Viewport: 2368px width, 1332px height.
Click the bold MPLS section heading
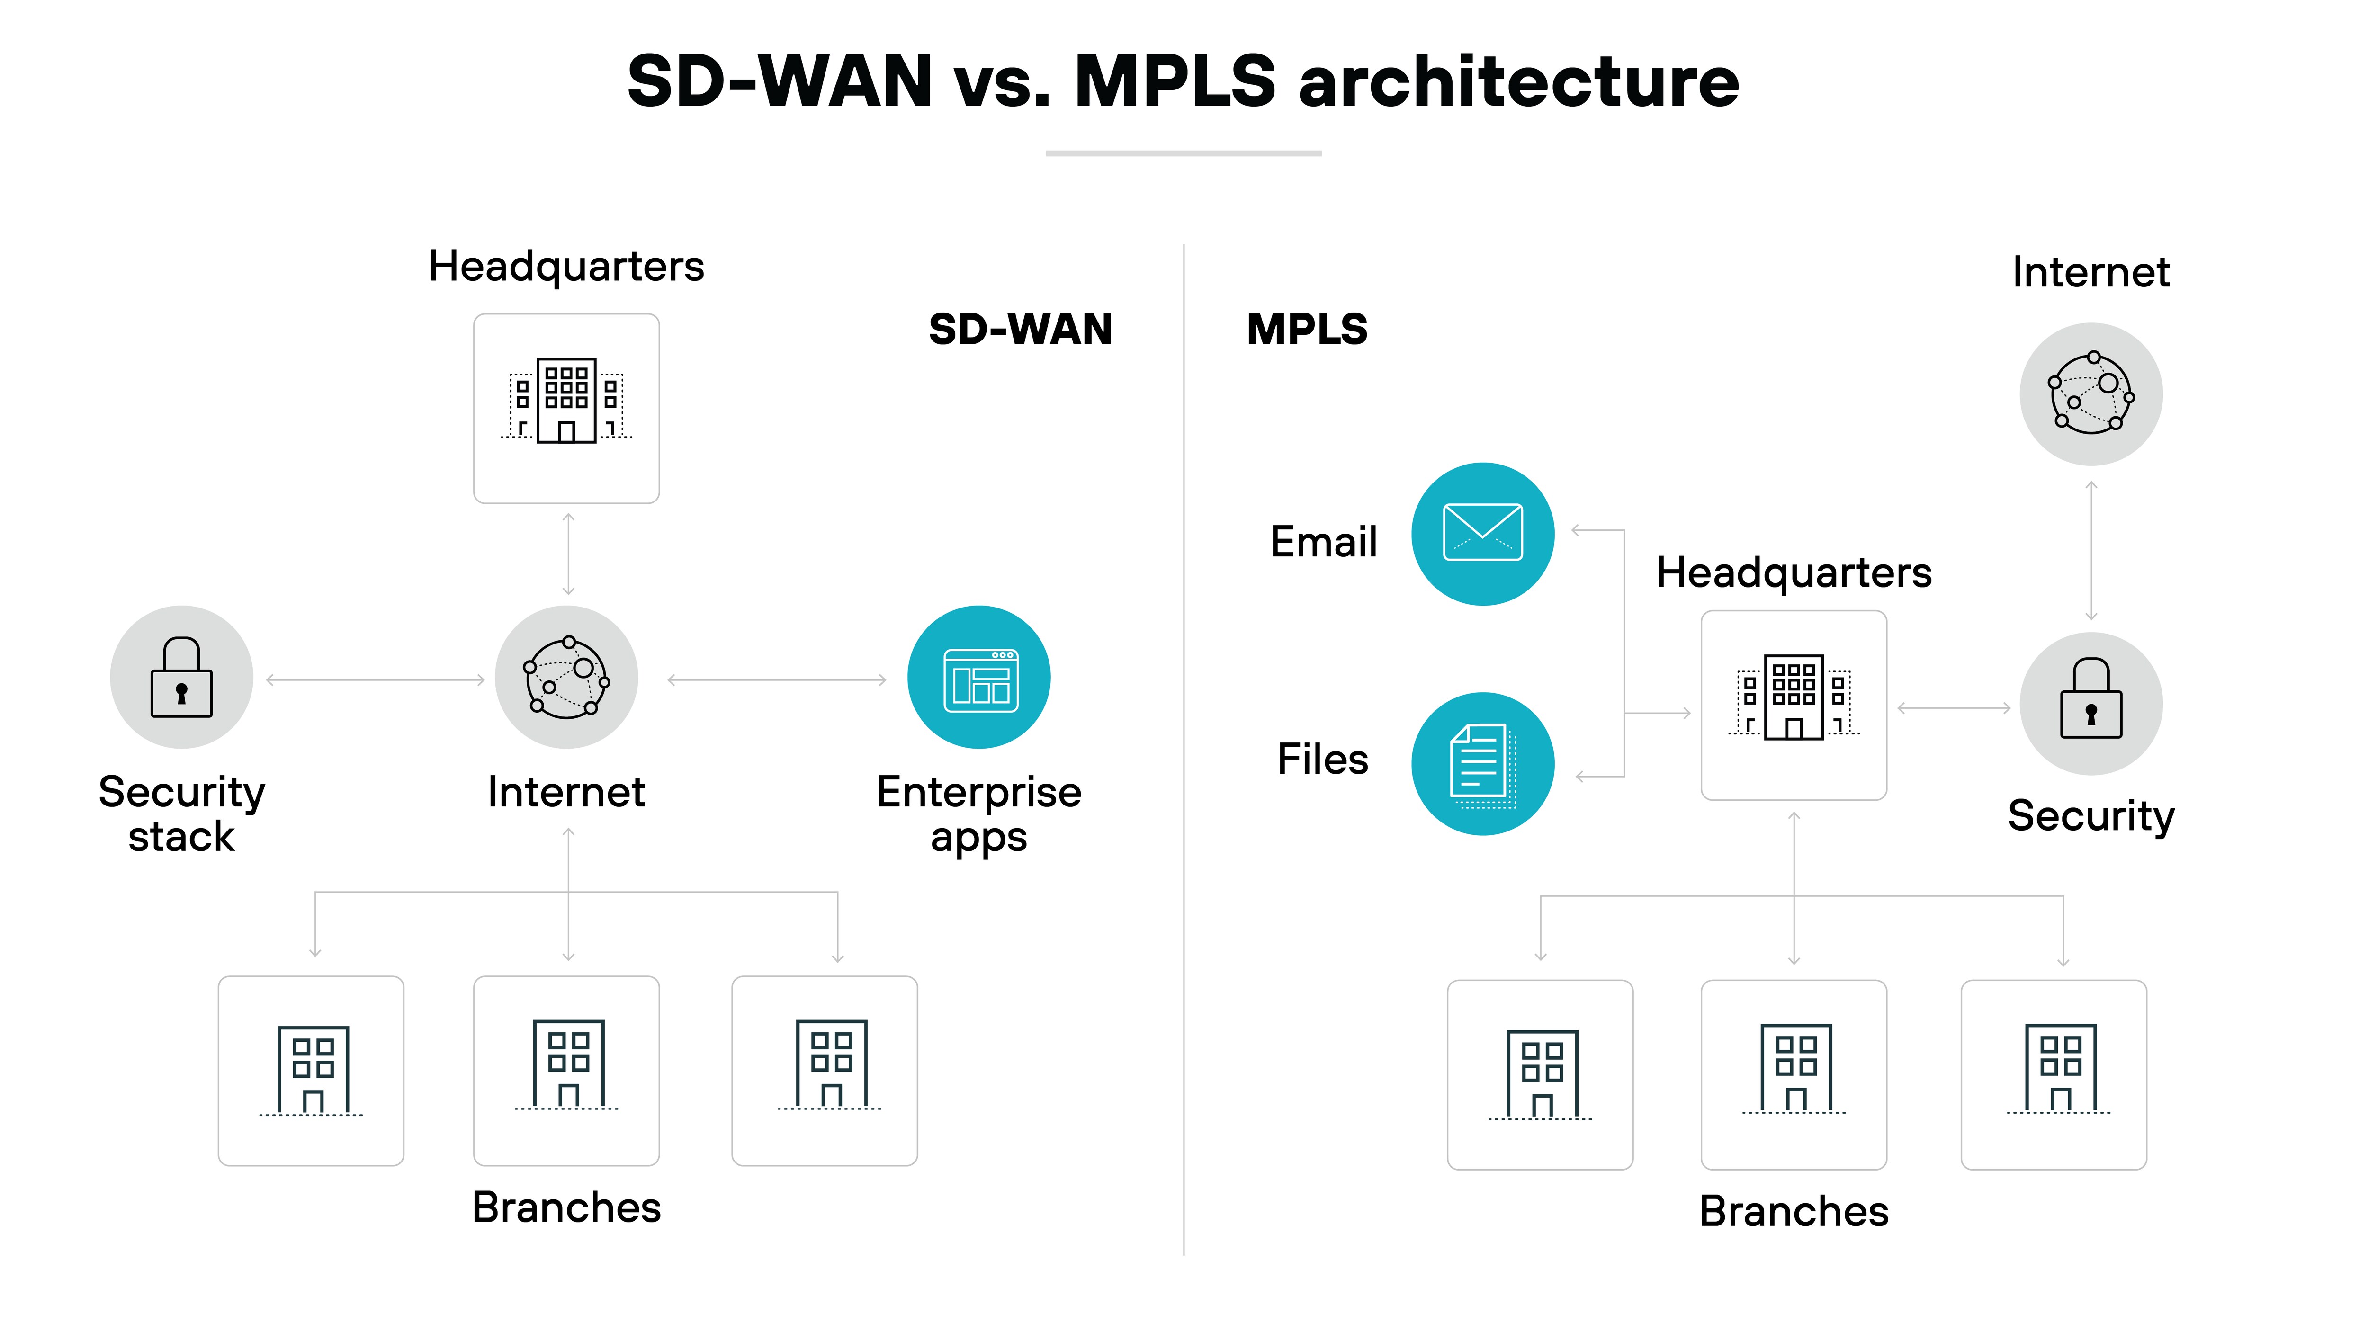click(x=1306, y=329)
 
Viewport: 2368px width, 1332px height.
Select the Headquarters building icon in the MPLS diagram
click(x=1794, y=698)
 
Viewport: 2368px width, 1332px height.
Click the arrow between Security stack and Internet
click(x=375, y=680)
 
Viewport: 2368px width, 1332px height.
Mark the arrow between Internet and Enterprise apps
click(x=777, y=680)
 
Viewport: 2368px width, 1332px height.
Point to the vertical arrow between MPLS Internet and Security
click(x=2091, y=550)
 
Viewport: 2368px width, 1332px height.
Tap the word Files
click(x=1322, y=760)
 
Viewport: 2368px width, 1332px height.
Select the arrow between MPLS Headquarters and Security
click(x=1954, y=708)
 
